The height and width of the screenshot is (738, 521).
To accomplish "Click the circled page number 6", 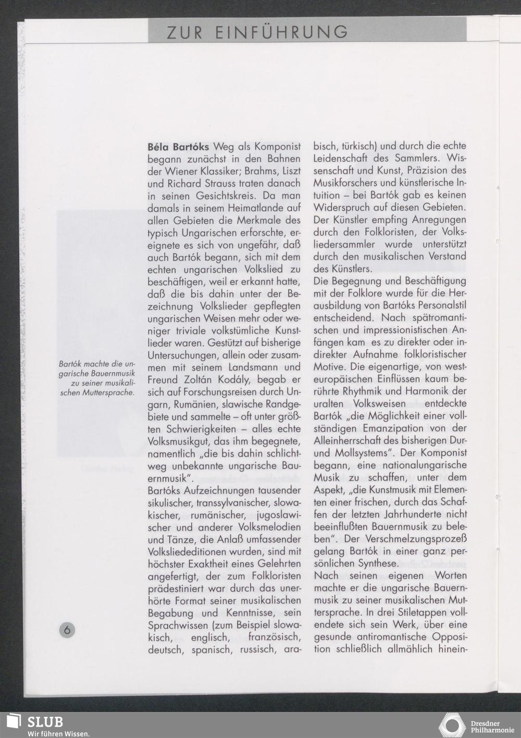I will click(67, 629).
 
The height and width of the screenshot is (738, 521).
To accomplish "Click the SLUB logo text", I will click(45, 721).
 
